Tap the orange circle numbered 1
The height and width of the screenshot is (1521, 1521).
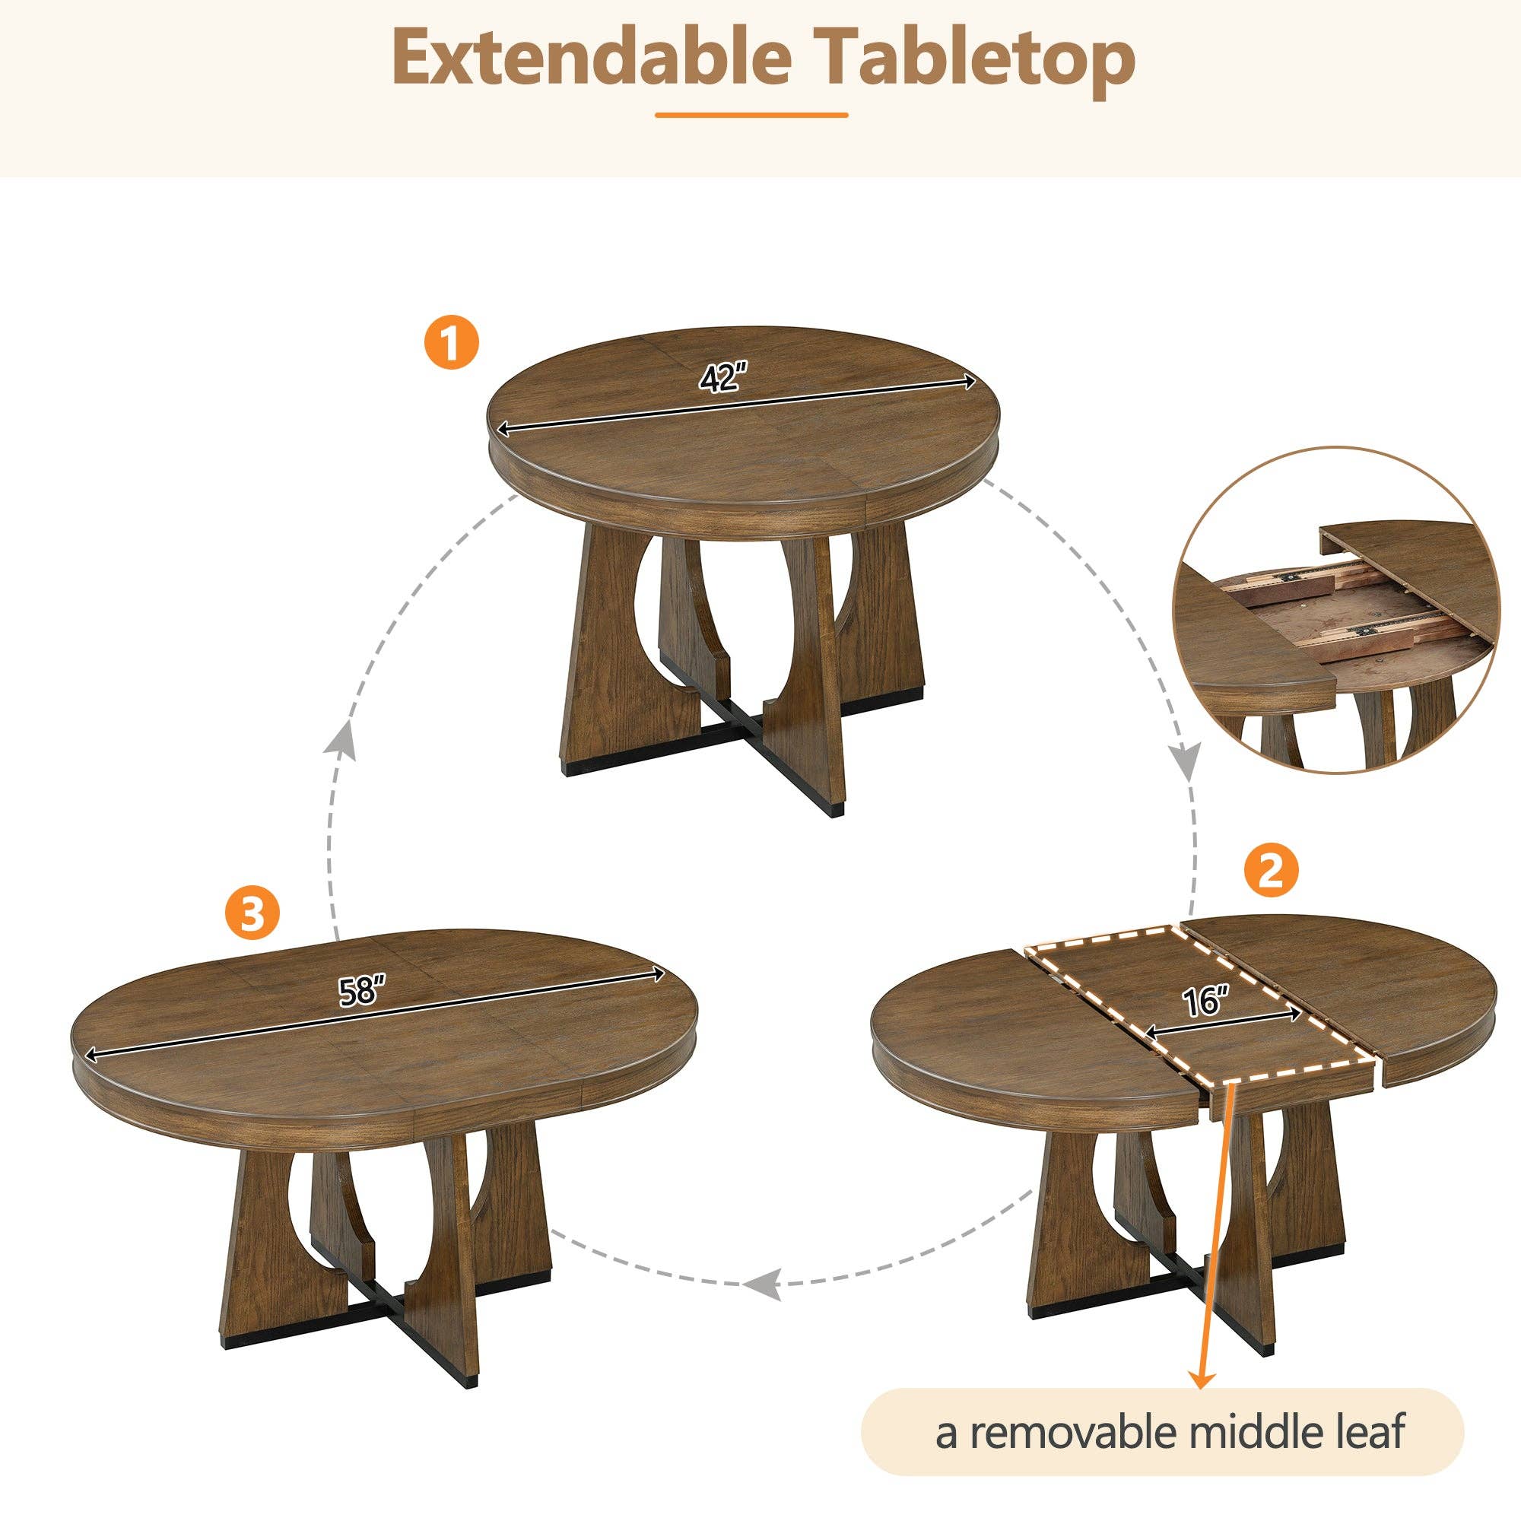451,343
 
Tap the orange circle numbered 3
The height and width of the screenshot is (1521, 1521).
252,914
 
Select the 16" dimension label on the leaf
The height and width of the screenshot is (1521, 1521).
1205,1002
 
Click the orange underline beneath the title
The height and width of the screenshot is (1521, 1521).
751,115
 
